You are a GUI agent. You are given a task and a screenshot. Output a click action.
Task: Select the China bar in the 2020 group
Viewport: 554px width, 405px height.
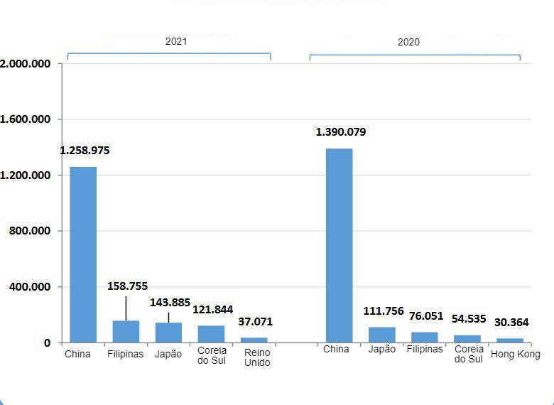[x=339, y=245]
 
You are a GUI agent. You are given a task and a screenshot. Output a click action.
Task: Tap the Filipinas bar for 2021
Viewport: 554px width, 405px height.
[x=126, y=332]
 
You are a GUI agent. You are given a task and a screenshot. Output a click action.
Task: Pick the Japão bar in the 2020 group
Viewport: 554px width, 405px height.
[x=381, y=335]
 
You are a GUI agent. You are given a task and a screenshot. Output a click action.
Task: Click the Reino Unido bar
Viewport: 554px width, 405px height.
[x=254, y=340]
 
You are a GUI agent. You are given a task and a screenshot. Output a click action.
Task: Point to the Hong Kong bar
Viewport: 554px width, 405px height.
[x=509, y=340]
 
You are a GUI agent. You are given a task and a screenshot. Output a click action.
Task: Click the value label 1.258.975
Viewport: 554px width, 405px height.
[x=85, y=151]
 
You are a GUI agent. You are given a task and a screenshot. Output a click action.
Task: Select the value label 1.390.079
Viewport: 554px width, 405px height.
[x=341, y=132]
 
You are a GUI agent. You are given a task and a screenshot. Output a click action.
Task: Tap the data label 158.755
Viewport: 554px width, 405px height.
[x=128, y=286]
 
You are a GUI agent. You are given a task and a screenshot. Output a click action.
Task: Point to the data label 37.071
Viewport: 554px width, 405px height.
[x=255, y=322]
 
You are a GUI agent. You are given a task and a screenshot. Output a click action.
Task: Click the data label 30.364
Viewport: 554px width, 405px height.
[x=511, y=322]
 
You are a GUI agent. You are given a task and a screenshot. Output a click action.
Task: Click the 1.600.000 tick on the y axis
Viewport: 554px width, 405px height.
[x=26, y=119]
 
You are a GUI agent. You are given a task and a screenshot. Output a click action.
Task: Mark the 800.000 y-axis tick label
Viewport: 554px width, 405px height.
[x=29, y=231]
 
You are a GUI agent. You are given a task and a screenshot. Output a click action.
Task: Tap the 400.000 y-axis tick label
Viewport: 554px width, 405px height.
[x=29, y=287]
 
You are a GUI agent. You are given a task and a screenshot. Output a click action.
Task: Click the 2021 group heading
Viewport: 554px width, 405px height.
[x=176, y=41]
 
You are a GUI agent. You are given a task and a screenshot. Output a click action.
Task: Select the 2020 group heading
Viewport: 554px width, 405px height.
[x=408, y=42]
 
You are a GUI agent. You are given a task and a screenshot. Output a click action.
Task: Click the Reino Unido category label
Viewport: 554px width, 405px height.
[x=256, y=357]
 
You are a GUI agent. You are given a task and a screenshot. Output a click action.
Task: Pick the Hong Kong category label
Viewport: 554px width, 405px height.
[x=516, y=354]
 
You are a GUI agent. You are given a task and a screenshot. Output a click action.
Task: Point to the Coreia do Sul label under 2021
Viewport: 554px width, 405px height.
[x=212, y=355]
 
